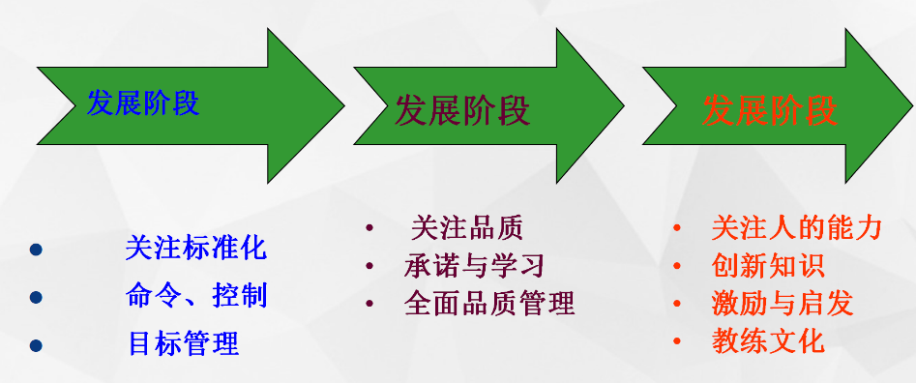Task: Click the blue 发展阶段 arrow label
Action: [143, 103]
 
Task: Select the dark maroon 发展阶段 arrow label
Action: [462, 110]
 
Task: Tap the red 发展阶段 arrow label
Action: [770, 109]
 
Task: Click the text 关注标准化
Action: [196, 249]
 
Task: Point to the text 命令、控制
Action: [196, 295]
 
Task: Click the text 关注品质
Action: [467, 227]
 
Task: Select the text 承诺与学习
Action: [474, 266]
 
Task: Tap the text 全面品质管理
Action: [489, 303]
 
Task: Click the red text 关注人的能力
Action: [796, 227]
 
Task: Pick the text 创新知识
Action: [768, 266]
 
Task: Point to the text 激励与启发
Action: [783, 304]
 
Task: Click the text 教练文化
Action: [768, 341]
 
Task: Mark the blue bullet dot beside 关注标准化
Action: [36, 250]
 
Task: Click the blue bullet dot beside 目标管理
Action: [36, 345]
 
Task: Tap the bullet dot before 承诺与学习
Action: [369, 266]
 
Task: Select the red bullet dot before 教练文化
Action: [677, 341]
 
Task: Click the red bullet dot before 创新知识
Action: [677, 266]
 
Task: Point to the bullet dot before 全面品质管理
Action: [369, 304]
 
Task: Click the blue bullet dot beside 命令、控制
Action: [36, 298]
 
